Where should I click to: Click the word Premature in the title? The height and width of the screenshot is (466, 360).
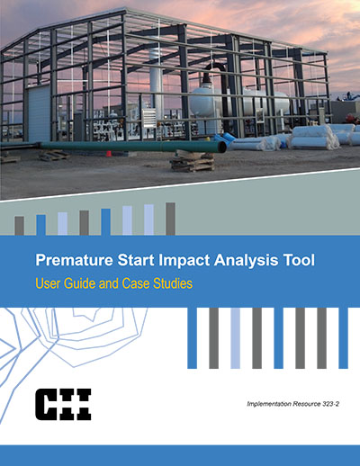75,260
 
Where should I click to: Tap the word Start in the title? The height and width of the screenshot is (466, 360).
136,260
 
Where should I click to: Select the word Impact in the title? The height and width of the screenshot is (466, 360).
184,260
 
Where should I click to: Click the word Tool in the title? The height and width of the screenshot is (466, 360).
298,260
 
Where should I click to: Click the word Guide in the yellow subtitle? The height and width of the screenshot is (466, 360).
80,283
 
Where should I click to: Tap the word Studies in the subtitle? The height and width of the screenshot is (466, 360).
173,283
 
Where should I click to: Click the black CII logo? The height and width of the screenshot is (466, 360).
63,404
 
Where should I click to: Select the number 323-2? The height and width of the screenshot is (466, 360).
330,404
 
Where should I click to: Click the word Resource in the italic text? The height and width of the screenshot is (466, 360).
307,404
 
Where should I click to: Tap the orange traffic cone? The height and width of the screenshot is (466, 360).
109,154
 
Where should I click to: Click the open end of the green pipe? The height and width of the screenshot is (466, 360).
222,147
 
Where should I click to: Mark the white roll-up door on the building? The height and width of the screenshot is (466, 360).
39,113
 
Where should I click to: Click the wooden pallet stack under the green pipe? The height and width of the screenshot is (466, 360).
192,162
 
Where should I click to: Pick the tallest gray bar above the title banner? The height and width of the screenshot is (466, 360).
170,219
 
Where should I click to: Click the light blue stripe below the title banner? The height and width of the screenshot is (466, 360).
236,338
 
